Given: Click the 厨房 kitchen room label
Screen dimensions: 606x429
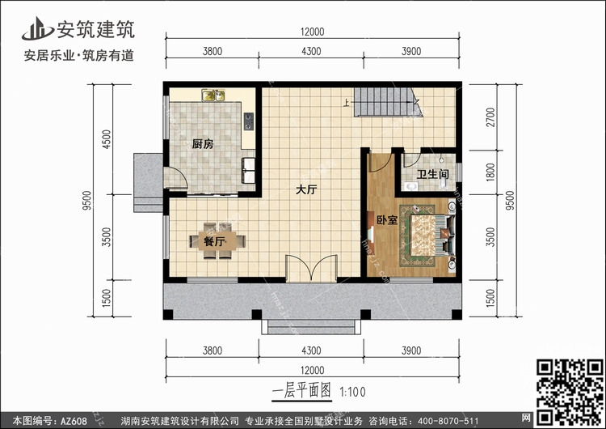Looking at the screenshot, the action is coord(203,144).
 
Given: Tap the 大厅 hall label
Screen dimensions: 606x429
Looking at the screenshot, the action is coord(306,189).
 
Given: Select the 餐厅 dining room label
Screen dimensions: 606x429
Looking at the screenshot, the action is coord(214,241).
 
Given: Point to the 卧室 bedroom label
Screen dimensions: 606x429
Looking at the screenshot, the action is coord(387,220).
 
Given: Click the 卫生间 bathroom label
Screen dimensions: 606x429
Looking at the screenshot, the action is coord(432,174).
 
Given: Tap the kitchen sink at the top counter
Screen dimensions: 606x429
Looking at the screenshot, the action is coord(213,95).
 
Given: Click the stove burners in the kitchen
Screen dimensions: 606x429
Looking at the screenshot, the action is coord(249,121).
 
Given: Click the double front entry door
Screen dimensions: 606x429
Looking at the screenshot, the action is coord(311,268).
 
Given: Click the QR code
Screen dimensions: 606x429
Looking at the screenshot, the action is coord(570,392).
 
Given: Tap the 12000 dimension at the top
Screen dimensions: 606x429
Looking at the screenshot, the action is coord(312,32).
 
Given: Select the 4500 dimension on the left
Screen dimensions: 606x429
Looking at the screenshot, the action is coord(106,139).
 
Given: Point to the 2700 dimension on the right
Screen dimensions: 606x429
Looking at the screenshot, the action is coord(490,117).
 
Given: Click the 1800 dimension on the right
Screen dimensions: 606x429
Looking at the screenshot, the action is coord(490,172).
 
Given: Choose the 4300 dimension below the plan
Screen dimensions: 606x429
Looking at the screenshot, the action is coord(311,350).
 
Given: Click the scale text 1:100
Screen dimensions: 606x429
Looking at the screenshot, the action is coord(352,392).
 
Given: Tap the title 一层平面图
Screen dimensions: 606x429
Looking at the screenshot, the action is coord(301,391).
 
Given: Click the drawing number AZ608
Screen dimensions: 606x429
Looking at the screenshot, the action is coord(74,421).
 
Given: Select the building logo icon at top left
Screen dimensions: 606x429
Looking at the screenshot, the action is coord(37,28).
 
